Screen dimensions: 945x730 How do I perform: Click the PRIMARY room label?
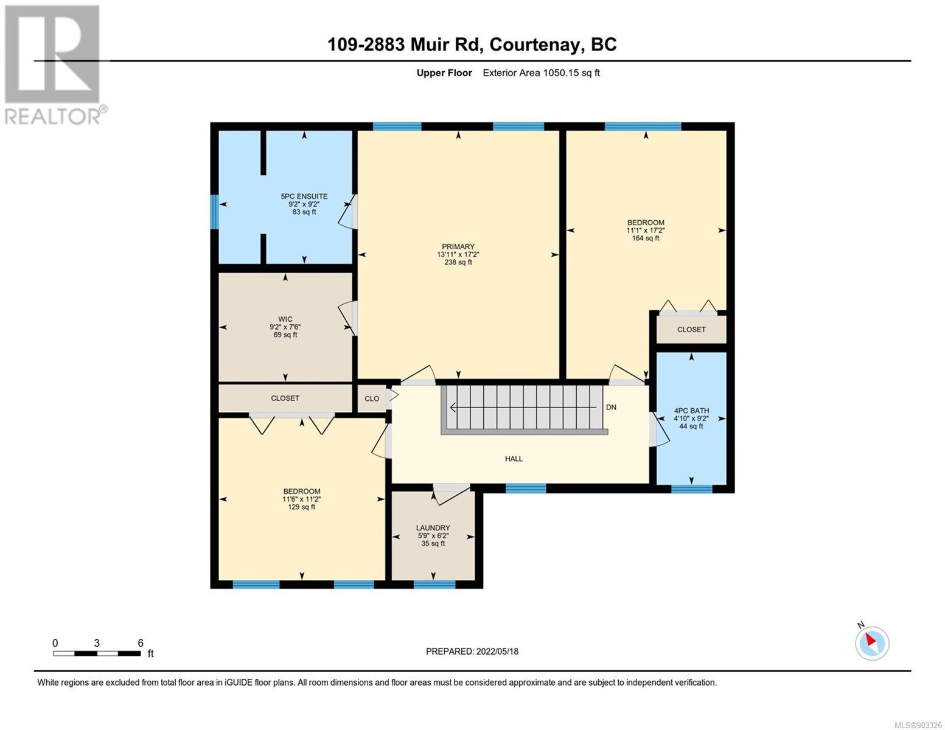tap(458, 246)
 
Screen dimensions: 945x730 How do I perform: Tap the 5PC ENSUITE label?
tap(304, 196)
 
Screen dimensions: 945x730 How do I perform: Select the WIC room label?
tap(285, 319)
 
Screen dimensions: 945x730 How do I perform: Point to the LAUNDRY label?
tap(433, 528)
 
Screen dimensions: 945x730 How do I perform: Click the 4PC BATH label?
tap(691, 411)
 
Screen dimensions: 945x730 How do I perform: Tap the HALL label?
tap(514, 459)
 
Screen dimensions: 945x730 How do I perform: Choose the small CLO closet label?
tap(372, 398)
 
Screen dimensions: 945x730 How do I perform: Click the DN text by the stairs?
tap(611, 408)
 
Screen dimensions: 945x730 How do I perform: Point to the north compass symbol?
tap(871, 643)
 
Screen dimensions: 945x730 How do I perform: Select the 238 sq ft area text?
tap(458, 262)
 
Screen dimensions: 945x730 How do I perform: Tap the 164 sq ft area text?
tap(646, 238)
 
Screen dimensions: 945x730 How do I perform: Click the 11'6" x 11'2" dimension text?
tap(301, 499)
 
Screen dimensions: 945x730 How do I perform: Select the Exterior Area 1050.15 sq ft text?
tap(541, 72)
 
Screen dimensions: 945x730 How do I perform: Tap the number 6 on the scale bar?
tap(141, 642)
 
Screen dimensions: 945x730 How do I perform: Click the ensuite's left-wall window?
tap(214, 212)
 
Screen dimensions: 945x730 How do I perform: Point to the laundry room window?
tap(434, 584)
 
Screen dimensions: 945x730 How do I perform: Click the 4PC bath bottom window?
tap(691, 488)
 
